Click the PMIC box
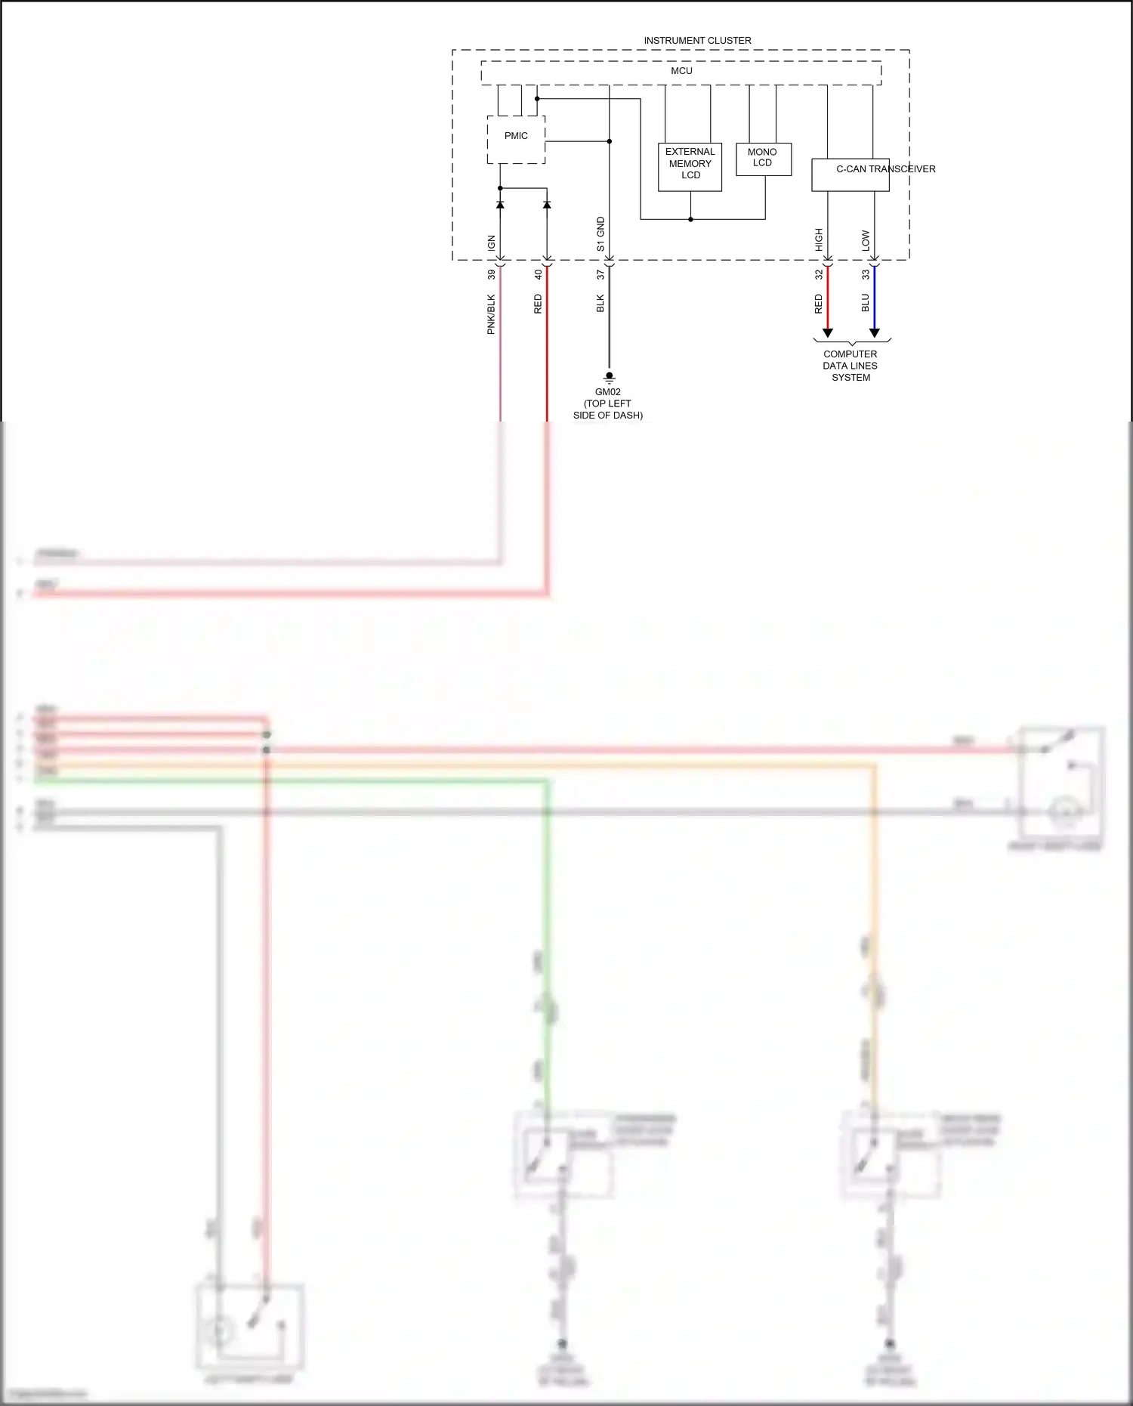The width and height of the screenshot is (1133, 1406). pyautogui.click(x=516, y=139)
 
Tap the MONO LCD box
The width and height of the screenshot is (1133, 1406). pyautogui.click(x=763, y=159)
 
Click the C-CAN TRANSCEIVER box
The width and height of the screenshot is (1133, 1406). pyautogui.click(x=850, y=175)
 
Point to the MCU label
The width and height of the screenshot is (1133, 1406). pyautogui.click(x=681, y=71)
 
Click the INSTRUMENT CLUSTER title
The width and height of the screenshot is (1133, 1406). pyautogui.click(x=697, y=41)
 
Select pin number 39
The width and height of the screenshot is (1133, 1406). pyautogui.click(x=492, y=275)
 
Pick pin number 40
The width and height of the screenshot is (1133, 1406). pyautogui.click(x=539, y=275)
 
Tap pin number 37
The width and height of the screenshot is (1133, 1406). pyautogui.click(x=600, y=275)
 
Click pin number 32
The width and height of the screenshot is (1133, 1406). pyautogui.click(x=819, y=275)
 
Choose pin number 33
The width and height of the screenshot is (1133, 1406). pyautogui.click(x=866, y=275)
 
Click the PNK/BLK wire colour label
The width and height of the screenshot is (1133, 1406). pyautogui.click(x=492, y=314)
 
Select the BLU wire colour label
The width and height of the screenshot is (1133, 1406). pyautogui.click(x=866, y=304)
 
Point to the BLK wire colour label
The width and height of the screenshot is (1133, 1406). pyautogui.click(x=600, y=304)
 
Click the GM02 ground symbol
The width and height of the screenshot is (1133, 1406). pyautogui.click(x=609, y=377)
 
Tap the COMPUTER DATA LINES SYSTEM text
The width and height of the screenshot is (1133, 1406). pyautogui.click(x=851, y=366)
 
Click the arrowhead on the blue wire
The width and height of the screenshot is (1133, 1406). pyautogui.click(x=875, y=332)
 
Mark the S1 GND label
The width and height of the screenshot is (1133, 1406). pyautogui.click(x=600, y=234)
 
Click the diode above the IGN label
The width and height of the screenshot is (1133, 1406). pyautogui.click(x=500, y=205)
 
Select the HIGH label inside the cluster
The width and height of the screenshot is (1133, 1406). pyautogui.click(x=819, y=239)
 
